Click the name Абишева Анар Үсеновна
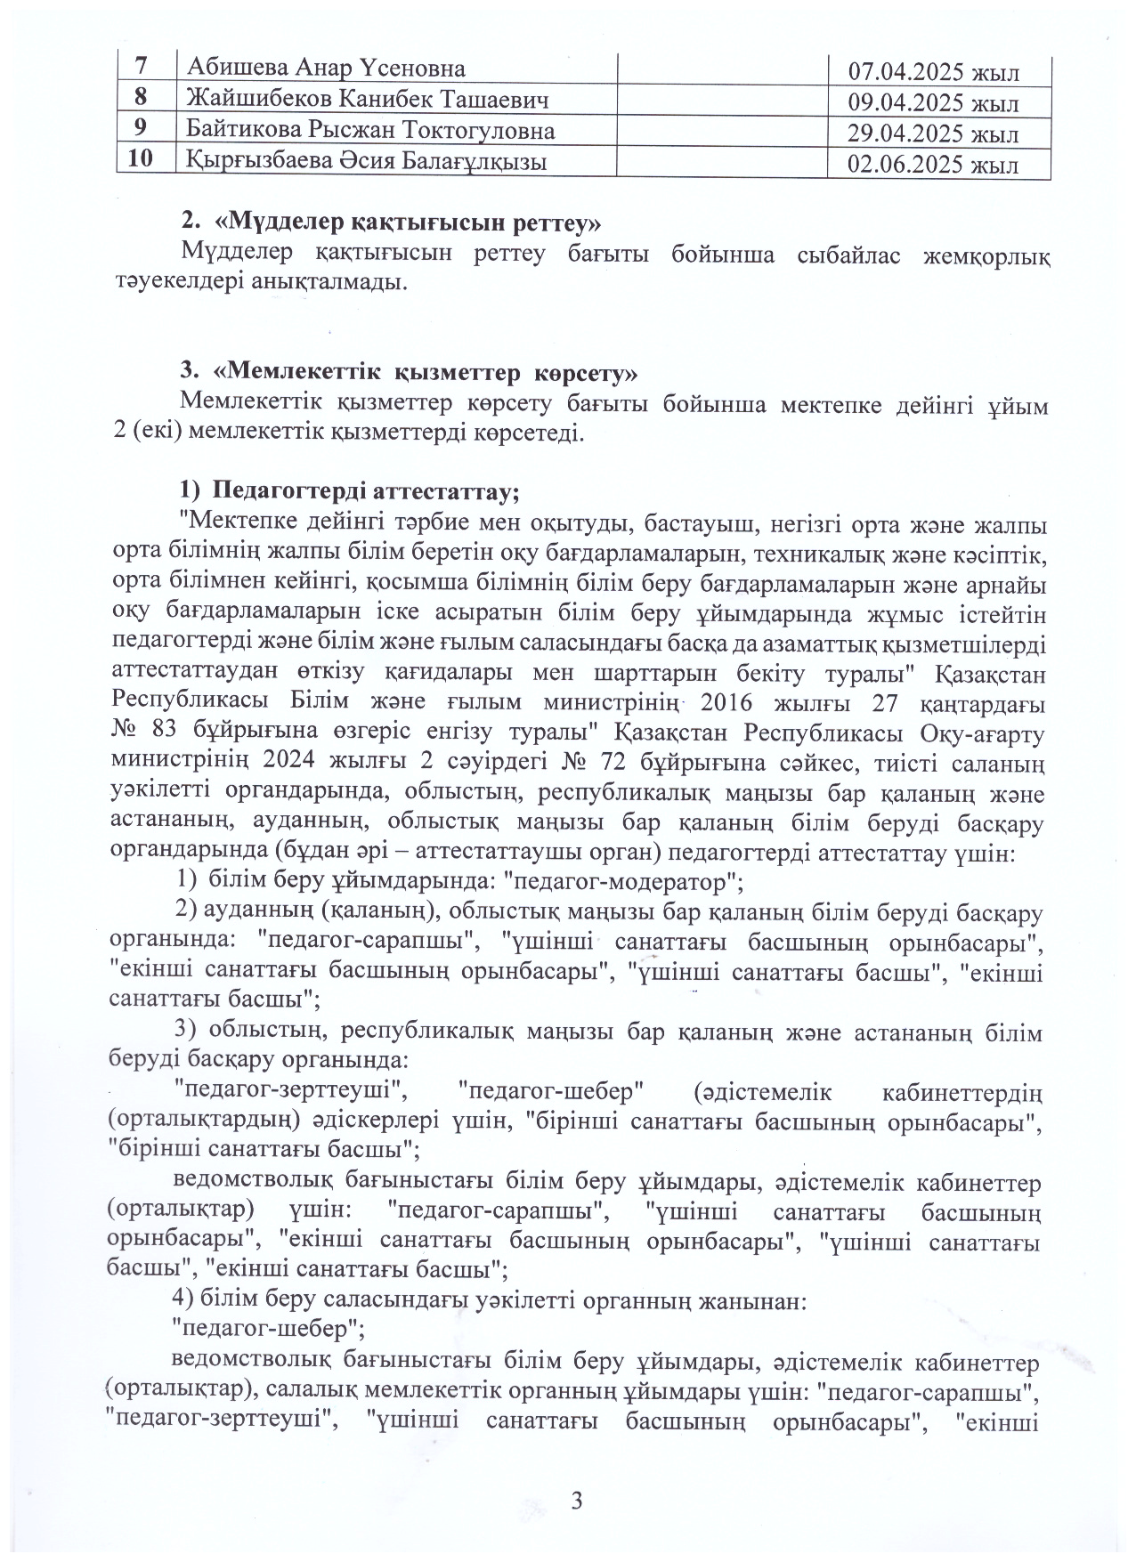326,69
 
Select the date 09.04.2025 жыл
935,103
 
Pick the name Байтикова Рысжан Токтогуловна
370,131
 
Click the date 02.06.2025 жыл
935,166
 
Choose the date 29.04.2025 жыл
935,134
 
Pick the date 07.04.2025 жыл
935,72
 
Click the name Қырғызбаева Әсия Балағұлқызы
366,162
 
